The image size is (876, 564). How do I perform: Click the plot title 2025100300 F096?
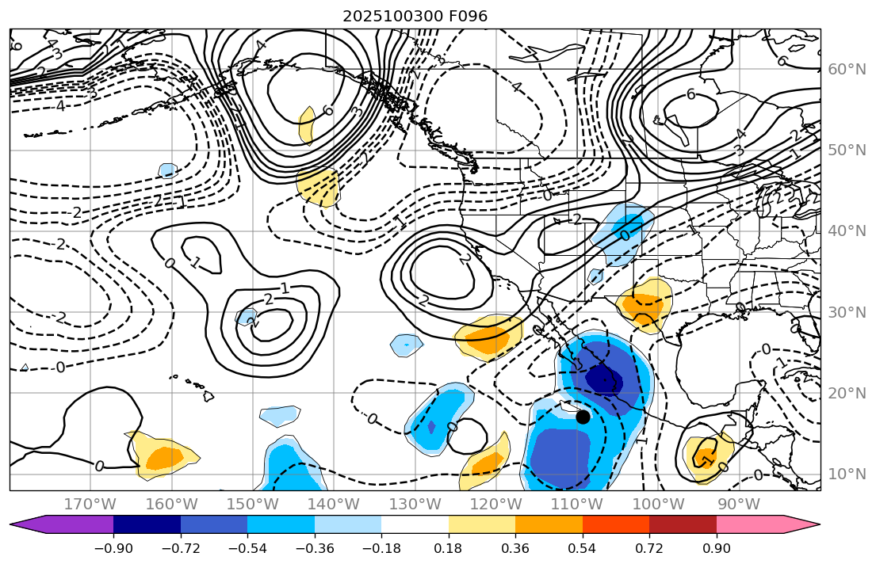pos(415,16)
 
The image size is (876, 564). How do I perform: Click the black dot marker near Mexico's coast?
pos(583,417)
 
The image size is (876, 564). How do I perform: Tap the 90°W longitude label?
pos(738,504)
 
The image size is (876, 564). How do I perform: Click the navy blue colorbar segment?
pos(147,524)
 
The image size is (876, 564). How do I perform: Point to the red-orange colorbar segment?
pos(616,524)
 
